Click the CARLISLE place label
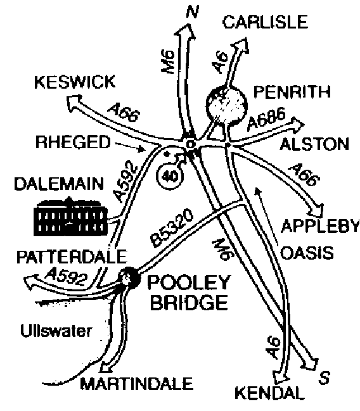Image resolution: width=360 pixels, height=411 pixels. pyautogui.click(x=265, y=22)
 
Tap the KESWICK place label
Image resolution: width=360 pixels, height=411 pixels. pyautogui.click(x=75, y=82)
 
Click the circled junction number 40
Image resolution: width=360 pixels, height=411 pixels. pyautogui.click(x=170, y=176)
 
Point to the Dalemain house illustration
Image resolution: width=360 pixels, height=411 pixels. pyautogui.click(x=71, y=217)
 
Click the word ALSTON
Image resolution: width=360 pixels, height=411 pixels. pyautogui.click(x=314, y=144)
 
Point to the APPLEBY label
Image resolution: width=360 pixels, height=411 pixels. pyautogui.click(x=320, y=225)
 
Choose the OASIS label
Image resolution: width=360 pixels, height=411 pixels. pyautogui.click(x=307, y=253)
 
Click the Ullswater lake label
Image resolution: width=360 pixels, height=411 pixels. pyautogui.click(x=56, y=331)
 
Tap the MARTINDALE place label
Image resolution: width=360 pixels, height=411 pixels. pyautogui.click(x=137, y=384)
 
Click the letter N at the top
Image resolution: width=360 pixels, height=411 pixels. pyautogui.click(x=192, y=11)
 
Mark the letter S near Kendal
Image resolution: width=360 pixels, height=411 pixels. pyautogui.click(x=325, y=377)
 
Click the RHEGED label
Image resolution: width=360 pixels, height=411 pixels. pyautogui.click(x=73, y=142)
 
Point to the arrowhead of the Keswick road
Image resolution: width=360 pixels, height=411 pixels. pyautogui.click(x=73, y=103)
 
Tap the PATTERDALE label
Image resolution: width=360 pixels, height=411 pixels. pyautogui.click(x=72, y=256)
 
